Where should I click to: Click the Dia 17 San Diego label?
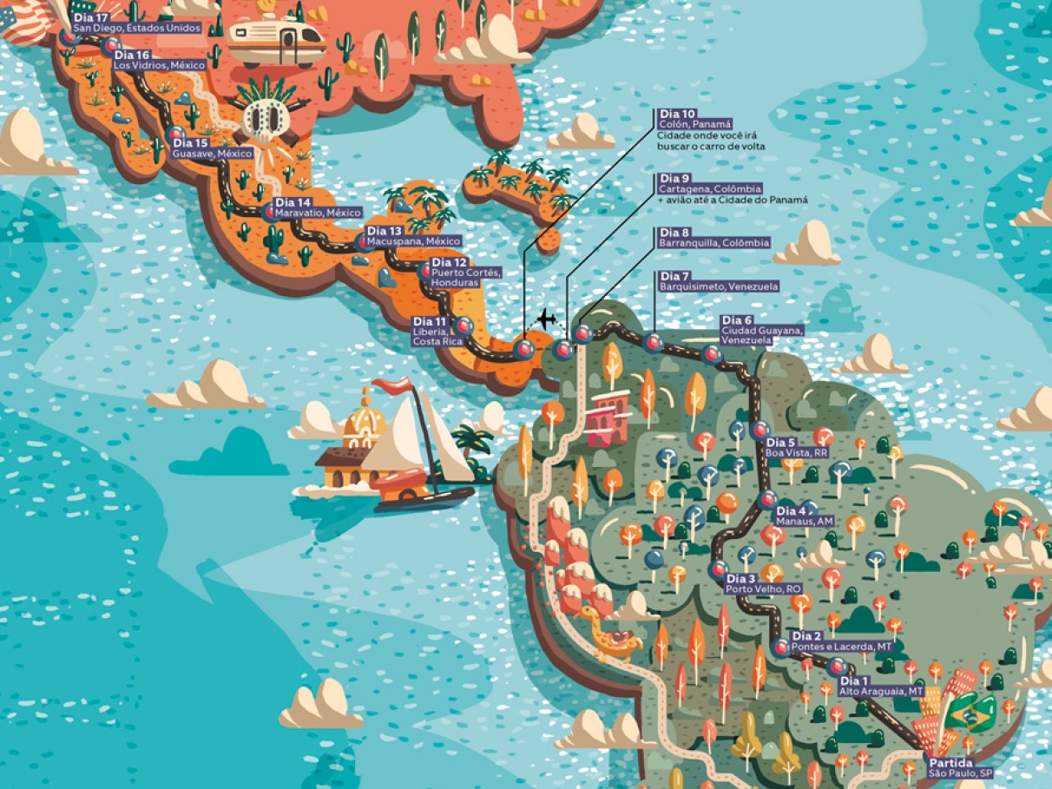[x=136, y=23]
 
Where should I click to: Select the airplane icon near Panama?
[x=546, y=319]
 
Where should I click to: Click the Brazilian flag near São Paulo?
[x=970, y=713]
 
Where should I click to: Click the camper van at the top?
[x=275, y=41]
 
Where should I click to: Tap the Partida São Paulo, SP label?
[x=958, y=767]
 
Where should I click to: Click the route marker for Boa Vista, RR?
[x=759, y=430]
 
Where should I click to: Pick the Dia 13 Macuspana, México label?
[x=412, y=236]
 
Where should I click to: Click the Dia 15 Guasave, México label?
[x=212, y=148]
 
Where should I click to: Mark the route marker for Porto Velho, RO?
[x=718, y=570]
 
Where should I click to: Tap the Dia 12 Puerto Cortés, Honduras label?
[x=464, y=273]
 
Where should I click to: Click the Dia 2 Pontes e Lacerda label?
[x=840, y=641]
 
